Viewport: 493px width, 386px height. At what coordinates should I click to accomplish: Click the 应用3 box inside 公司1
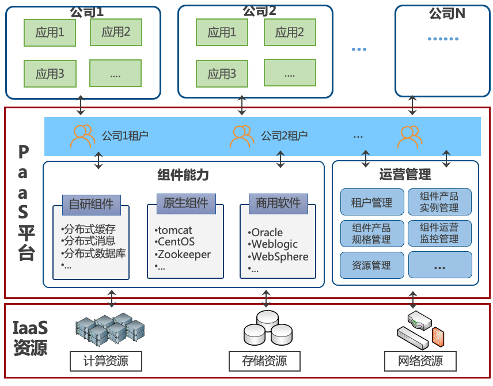click(50, 74)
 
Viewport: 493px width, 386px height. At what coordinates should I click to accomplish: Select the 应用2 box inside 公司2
click(290, 32)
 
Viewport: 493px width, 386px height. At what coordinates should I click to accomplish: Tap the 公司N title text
click(447, 13)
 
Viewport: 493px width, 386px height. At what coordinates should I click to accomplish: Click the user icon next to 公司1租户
click(82, 136)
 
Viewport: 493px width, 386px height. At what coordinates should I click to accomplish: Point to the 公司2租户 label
click(285, 136)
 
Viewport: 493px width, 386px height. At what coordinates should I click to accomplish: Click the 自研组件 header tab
click(92, 205)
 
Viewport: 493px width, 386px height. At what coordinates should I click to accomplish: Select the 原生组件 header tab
click(186, 203)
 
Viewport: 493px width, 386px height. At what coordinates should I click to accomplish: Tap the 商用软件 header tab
click(278, 203)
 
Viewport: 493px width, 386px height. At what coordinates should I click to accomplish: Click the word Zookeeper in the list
click(184, 255)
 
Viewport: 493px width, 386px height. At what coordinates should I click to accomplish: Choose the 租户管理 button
click(372, 202)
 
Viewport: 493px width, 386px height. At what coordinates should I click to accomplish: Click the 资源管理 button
click(372, 265)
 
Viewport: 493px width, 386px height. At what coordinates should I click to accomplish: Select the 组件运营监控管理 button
click(439, 233)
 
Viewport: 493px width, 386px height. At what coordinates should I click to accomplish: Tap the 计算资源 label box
click(106, 361)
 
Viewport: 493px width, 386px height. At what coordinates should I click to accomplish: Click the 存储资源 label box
click(265, 361)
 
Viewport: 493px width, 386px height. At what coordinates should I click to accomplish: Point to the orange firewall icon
click(438, 336)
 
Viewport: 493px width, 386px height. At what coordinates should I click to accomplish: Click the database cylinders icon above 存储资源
click(268, 328)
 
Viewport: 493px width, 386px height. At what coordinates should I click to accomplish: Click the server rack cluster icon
click(110, 329)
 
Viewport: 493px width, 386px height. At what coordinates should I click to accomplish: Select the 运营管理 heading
click(405, 175)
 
